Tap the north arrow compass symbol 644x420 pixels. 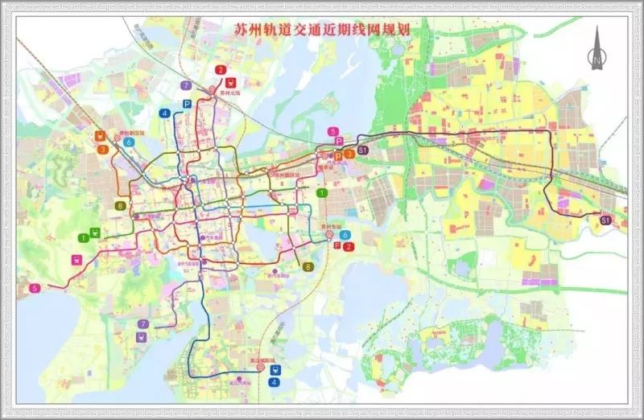pos(596,47)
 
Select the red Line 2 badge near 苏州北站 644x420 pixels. pos(220,70)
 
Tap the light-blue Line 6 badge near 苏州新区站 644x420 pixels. pos(129,142)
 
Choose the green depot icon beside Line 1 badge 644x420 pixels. pos(97,233)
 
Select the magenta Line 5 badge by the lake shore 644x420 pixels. pos(35,288)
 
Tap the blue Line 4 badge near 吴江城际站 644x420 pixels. pos(275,382)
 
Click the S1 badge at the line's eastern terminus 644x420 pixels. pos(605,219)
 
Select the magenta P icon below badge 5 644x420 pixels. pos(339,142)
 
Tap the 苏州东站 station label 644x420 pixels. pos(331,229)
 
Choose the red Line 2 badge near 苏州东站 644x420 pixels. pos(349,246)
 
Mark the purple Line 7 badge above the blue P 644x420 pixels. pos(186,84)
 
